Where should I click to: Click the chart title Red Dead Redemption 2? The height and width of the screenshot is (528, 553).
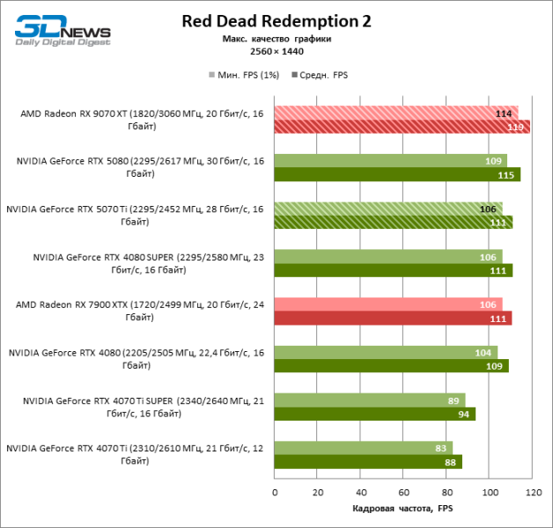(x=276, y=22)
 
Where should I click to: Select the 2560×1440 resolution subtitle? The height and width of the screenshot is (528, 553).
(x=276, y=51)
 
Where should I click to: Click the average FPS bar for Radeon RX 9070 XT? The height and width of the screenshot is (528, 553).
(x=402, y=126)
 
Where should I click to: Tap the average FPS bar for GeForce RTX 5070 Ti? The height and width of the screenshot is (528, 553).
(x=393, y=223)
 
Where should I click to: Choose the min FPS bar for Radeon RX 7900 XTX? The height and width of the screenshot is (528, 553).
(x=387, y=304)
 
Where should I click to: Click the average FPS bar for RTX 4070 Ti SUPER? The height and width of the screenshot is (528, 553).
(x=374, y=414)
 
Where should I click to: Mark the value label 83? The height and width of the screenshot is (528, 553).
(x=439, y=448)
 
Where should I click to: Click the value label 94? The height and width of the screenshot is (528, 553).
(x=462, y=414)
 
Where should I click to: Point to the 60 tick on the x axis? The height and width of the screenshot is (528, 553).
(x=403, y=493)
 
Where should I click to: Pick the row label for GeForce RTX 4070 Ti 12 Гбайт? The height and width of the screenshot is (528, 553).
(x=134, y=454)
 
